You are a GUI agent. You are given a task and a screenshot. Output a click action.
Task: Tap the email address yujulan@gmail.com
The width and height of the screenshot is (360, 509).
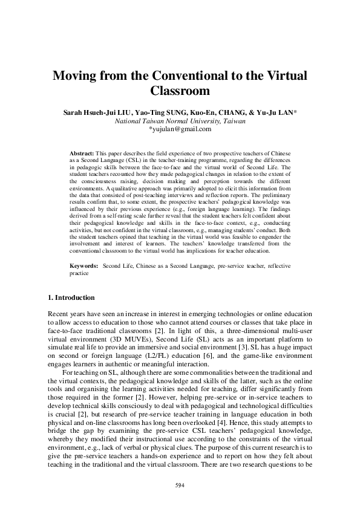[180, 129]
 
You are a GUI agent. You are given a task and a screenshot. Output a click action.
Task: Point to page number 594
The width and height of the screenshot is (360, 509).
[180, 485]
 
